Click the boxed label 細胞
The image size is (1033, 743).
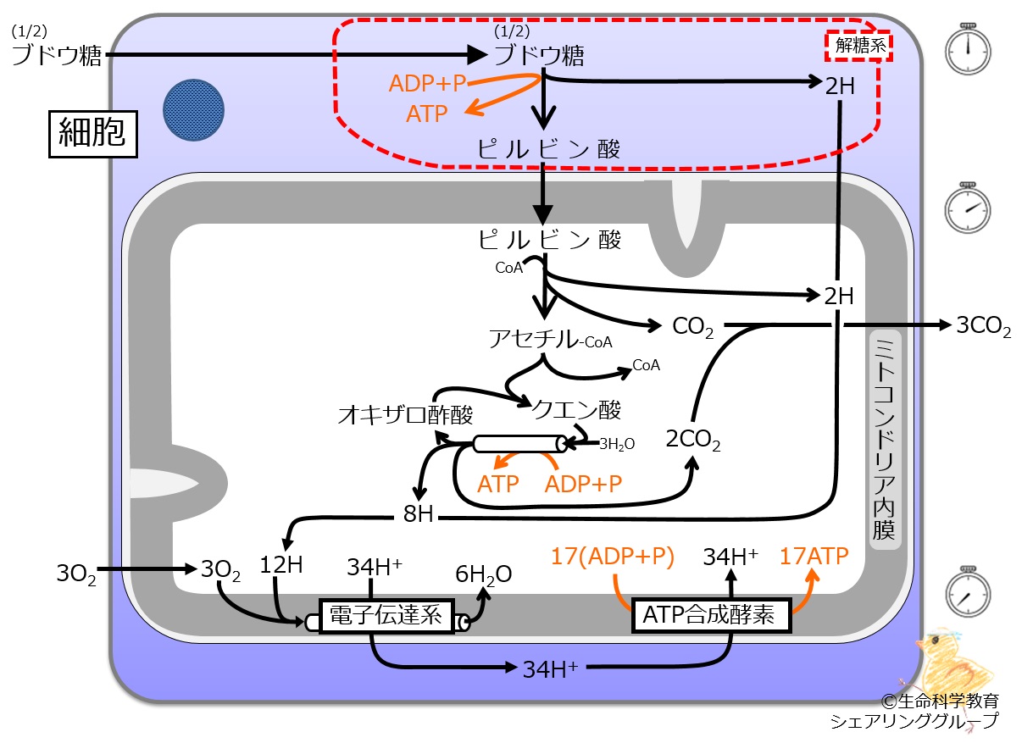point(92,134)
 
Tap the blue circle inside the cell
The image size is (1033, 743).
point(194,110)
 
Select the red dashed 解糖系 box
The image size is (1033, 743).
point(858,46)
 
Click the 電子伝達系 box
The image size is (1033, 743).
point(386,616)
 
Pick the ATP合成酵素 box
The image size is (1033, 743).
point(711,615)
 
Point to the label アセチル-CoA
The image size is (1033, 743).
point(550,339)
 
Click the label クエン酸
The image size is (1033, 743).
point(576,409)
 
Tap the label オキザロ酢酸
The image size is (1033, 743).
point(405,414)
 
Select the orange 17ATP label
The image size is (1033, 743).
point(814,556)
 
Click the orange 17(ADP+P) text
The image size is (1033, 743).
point(613,557)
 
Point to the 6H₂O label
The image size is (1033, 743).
point(483,574)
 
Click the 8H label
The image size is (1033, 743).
point(418,514)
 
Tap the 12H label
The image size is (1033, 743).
point(280,564)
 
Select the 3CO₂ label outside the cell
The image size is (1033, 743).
point(984,326)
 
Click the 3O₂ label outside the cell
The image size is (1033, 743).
point(76,574)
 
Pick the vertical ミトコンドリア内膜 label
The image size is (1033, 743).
point(885,440)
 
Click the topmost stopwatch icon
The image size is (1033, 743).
point(968,49)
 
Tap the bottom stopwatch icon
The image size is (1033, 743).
point(968,592)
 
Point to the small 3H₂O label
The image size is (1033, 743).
point(617,444)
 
